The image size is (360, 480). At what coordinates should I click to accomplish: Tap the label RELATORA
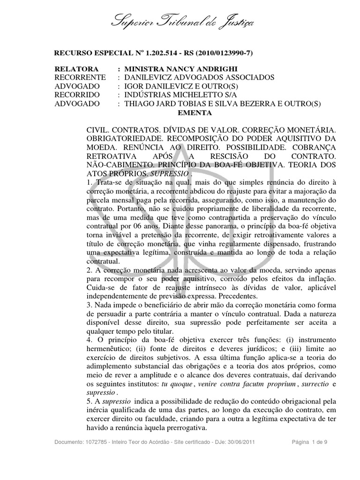[77, 68]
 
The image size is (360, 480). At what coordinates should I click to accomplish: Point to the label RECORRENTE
[80, 77]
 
